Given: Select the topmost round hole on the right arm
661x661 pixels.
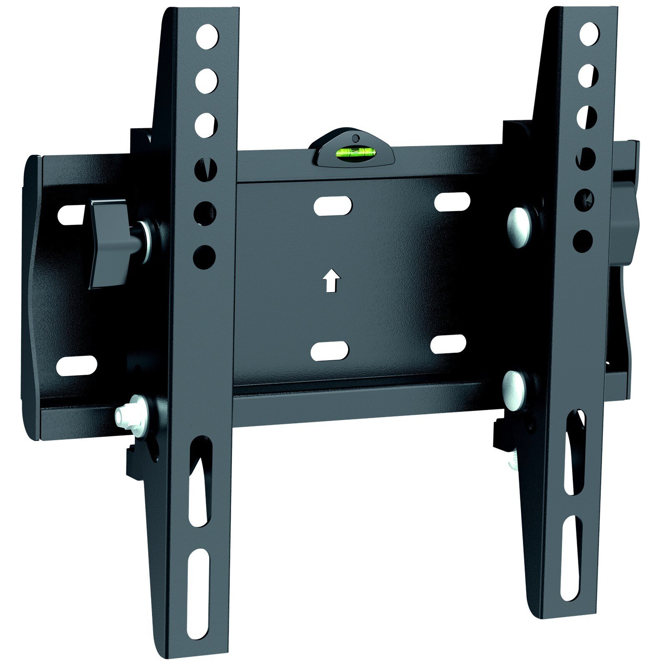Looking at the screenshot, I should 588,34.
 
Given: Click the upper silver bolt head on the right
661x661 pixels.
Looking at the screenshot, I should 518,223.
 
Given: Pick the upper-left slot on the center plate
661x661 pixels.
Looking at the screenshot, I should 333,206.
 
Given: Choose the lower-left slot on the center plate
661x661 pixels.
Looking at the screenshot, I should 330,351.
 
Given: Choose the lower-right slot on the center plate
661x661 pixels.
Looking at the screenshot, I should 448,344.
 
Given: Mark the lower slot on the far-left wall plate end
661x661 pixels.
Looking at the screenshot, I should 76,366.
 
